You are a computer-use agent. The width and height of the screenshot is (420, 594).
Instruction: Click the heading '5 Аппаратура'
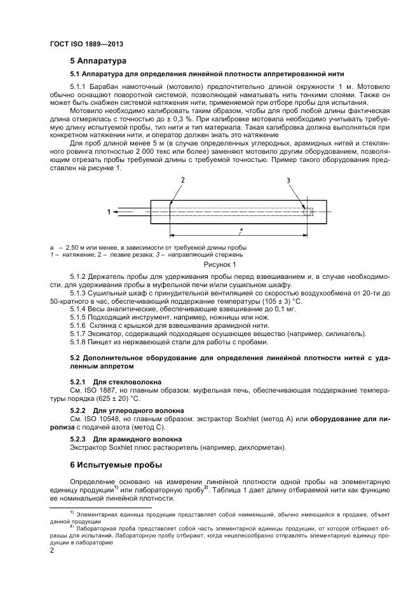(x=98, y=62)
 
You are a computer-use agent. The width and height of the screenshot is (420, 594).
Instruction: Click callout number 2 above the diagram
(x=182, y=181)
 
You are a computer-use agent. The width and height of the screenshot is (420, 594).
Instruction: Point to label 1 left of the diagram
(x=109, y=212)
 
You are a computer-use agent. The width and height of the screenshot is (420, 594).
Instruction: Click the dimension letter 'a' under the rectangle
(x=241, y=227)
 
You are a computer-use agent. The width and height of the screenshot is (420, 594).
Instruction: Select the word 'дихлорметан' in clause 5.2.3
(x=262, y=447)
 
